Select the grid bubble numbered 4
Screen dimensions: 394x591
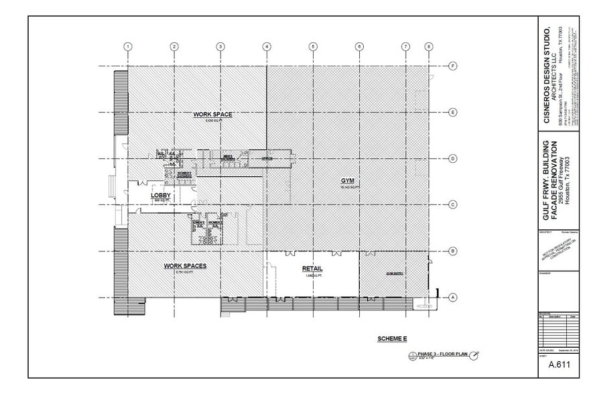(267, 46)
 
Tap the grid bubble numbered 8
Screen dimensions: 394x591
(429, 46)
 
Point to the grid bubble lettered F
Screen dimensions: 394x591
(454, 66)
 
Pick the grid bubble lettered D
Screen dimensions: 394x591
(454, 159)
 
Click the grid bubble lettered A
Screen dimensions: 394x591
(454, 298)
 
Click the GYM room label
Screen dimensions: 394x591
(347, 181)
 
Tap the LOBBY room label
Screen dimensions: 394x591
(161, 195)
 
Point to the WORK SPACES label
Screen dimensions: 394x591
(185, 266)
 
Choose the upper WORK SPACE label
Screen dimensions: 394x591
(212, 115)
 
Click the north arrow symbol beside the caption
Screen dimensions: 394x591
(475, 355)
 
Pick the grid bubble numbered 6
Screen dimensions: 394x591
(359, 46)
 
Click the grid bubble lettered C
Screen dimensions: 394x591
(454, 205)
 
